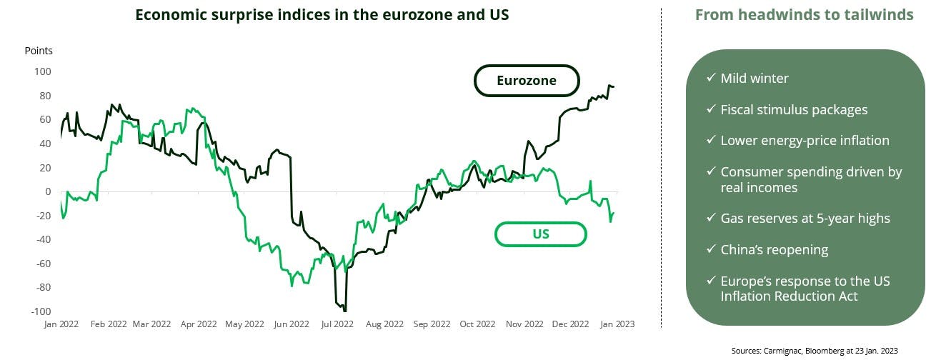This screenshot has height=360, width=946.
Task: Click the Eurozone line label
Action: point(527,81)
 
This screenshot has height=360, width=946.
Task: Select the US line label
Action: point(540,234)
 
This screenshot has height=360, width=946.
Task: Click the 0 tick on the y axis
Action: point(48,191)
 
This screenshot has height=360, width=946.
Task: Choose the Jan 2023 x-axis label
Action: point(616,324)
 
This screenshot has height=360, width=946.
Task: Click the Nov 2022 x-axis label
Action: point(524,324)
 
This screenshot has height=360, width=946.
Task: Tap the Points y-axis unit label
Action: point(39,51)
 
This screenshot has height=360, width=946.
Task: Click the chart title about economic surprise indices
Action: point(322,15)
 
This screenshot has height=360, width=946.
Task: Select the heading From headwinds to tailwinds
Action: point(804,15)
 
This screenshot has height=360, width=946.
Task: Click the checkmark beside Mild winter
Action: point(710,78)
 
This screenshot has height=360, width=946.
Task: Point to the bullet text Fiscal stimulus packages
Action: point(794,109)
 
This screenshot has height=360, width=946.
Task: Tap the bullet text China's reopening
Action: point(774,250)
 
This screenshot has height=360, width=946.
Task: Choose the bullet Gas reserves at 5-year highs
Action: point(805,219)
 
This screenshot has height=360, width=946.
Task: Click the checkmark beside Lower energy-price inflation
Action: point(710,140)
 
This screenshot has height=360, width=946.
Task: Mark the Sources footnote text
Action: point(814,350)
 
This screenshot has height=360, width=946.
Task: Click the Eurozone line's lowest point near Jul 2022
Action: point(345,310)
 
